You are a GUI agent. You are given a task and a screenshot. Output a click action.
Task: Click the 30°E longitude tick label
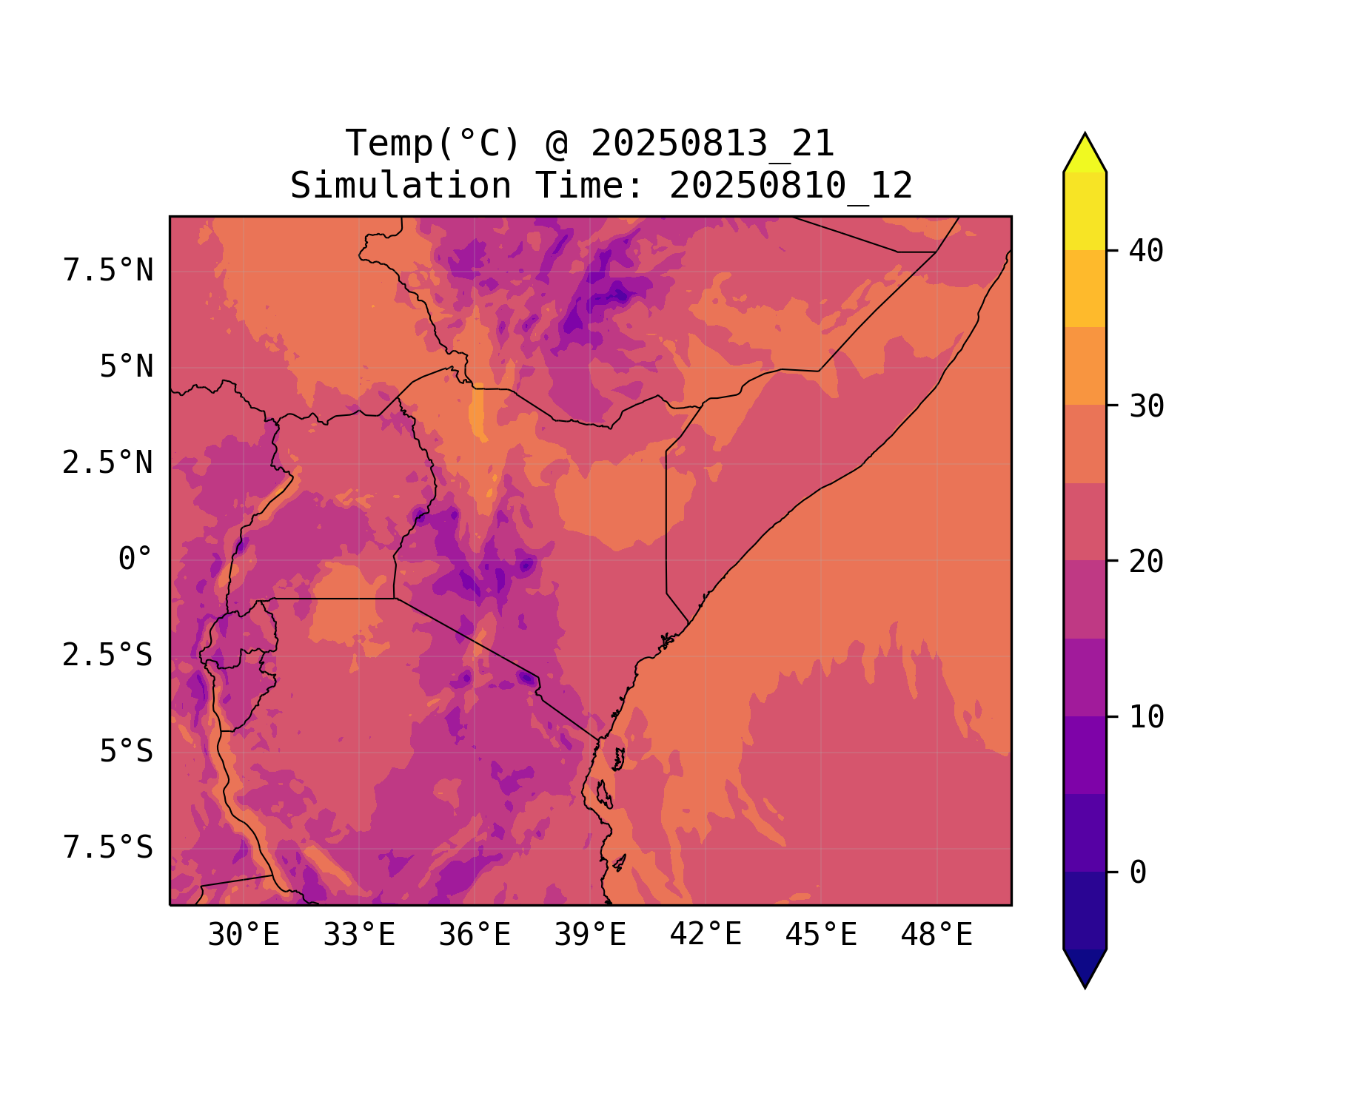coord(244,935)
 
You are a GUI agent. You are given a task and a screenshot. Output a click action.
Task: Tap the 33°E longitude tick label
coord(359,935)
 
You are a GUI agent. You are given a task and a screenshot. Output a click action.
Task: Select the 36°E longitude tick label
coord(475,935)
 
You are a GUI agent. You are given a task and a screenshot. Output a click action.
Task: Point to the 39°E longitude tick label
coord(590,935)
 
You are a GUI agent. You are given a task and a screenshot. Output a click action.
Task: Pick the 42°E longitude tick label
coord(706,935)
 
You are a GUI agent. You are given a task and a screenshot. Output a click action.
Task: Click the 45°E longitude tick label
coord(821,935)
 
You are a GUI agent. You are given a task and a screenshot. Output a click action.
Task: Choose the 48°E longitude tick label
coord(937,935)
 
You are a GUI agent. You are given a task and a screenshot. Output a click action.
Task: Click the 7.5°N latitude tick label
coord(108,271)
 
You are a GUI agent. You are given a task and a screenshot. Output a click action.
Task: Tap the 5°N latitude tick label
coord(127,367)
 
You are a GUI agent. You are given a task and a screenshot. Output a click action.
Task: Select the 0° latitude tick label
coord(135,559)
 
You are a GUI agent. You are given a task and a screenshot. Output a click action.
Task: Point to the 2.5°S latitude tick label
coord(108,656)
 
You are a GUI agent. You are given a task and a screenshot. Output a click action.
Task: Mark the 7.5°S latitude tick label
coord(108,848)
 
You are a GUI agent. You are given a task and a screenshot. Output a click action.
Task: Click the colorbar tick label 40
coord(1147,251)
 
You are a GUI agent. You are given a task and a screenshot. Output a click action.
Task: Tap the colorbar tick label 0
coord(1138,873)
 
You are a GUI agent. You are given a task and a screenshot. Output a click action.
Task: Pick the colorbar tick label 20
coord(1147,562)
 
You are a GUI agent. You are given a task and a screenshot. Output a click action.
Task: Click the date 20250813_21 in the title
coord(713,144)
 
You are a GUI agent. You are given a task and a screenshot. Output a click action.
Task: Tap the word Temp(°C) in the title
coord(432,144)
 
